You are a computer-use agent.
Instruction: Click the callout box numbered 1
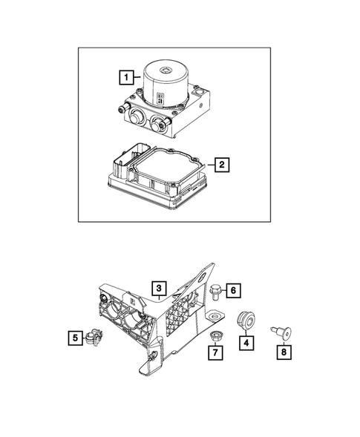127,76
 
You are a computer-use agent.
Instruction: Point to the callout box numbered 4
246,343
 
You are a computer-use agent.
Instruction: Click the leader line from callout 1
139,76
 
